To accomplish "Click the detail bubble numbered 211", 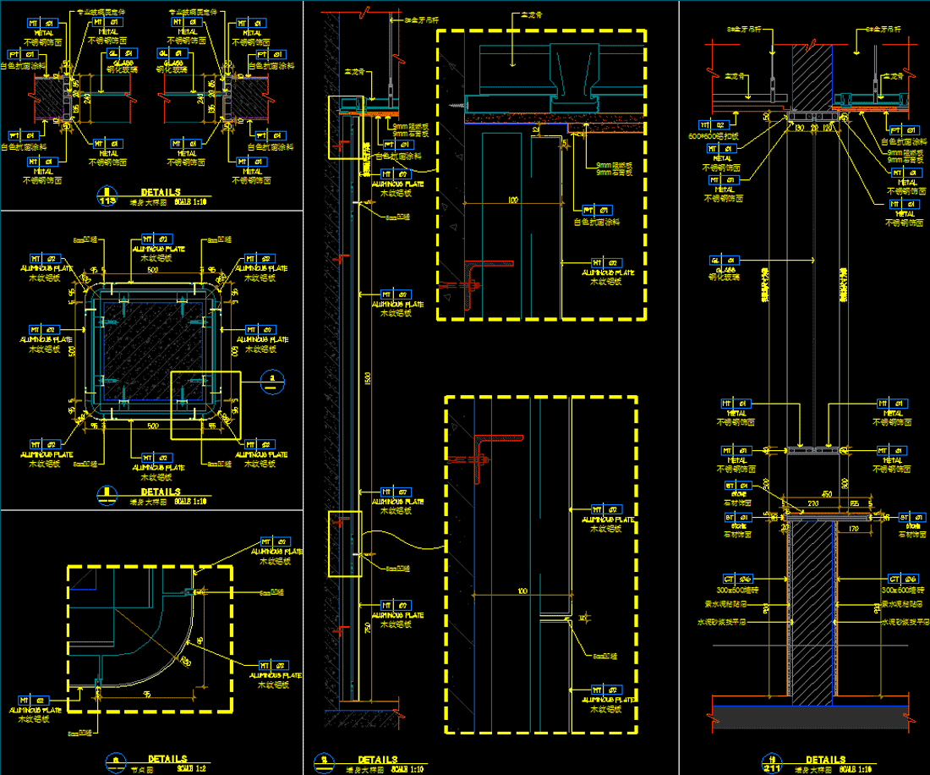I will tap(771, 765).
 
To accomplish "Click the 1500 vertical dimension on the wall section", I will tap(367, 379).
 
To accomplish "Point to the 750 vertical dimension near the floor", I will tap(366, 628).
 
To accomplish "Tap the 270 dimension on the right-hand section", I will tap(812, 503).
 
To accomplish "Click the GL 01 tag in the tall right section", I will tap(720, 261).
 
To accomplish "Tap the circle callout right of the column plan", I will tap(271, 381).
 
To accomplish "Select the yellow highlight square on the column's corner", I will tap(205, 405).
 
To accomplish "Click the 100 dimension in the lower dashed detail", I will tap(522, 591).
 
